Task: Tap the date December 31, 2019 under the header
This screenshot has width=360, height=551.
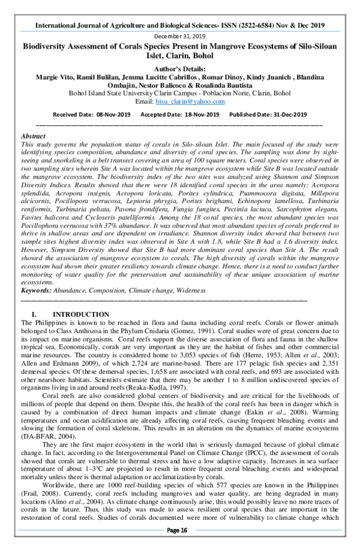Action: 179,36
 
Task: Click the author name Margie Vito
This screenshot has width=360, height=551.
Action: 54,79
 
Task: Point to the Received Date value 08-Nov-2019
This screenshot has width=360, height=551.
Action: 112,115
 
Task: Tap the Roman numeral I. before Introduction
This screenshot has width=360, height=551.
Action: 34,315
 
